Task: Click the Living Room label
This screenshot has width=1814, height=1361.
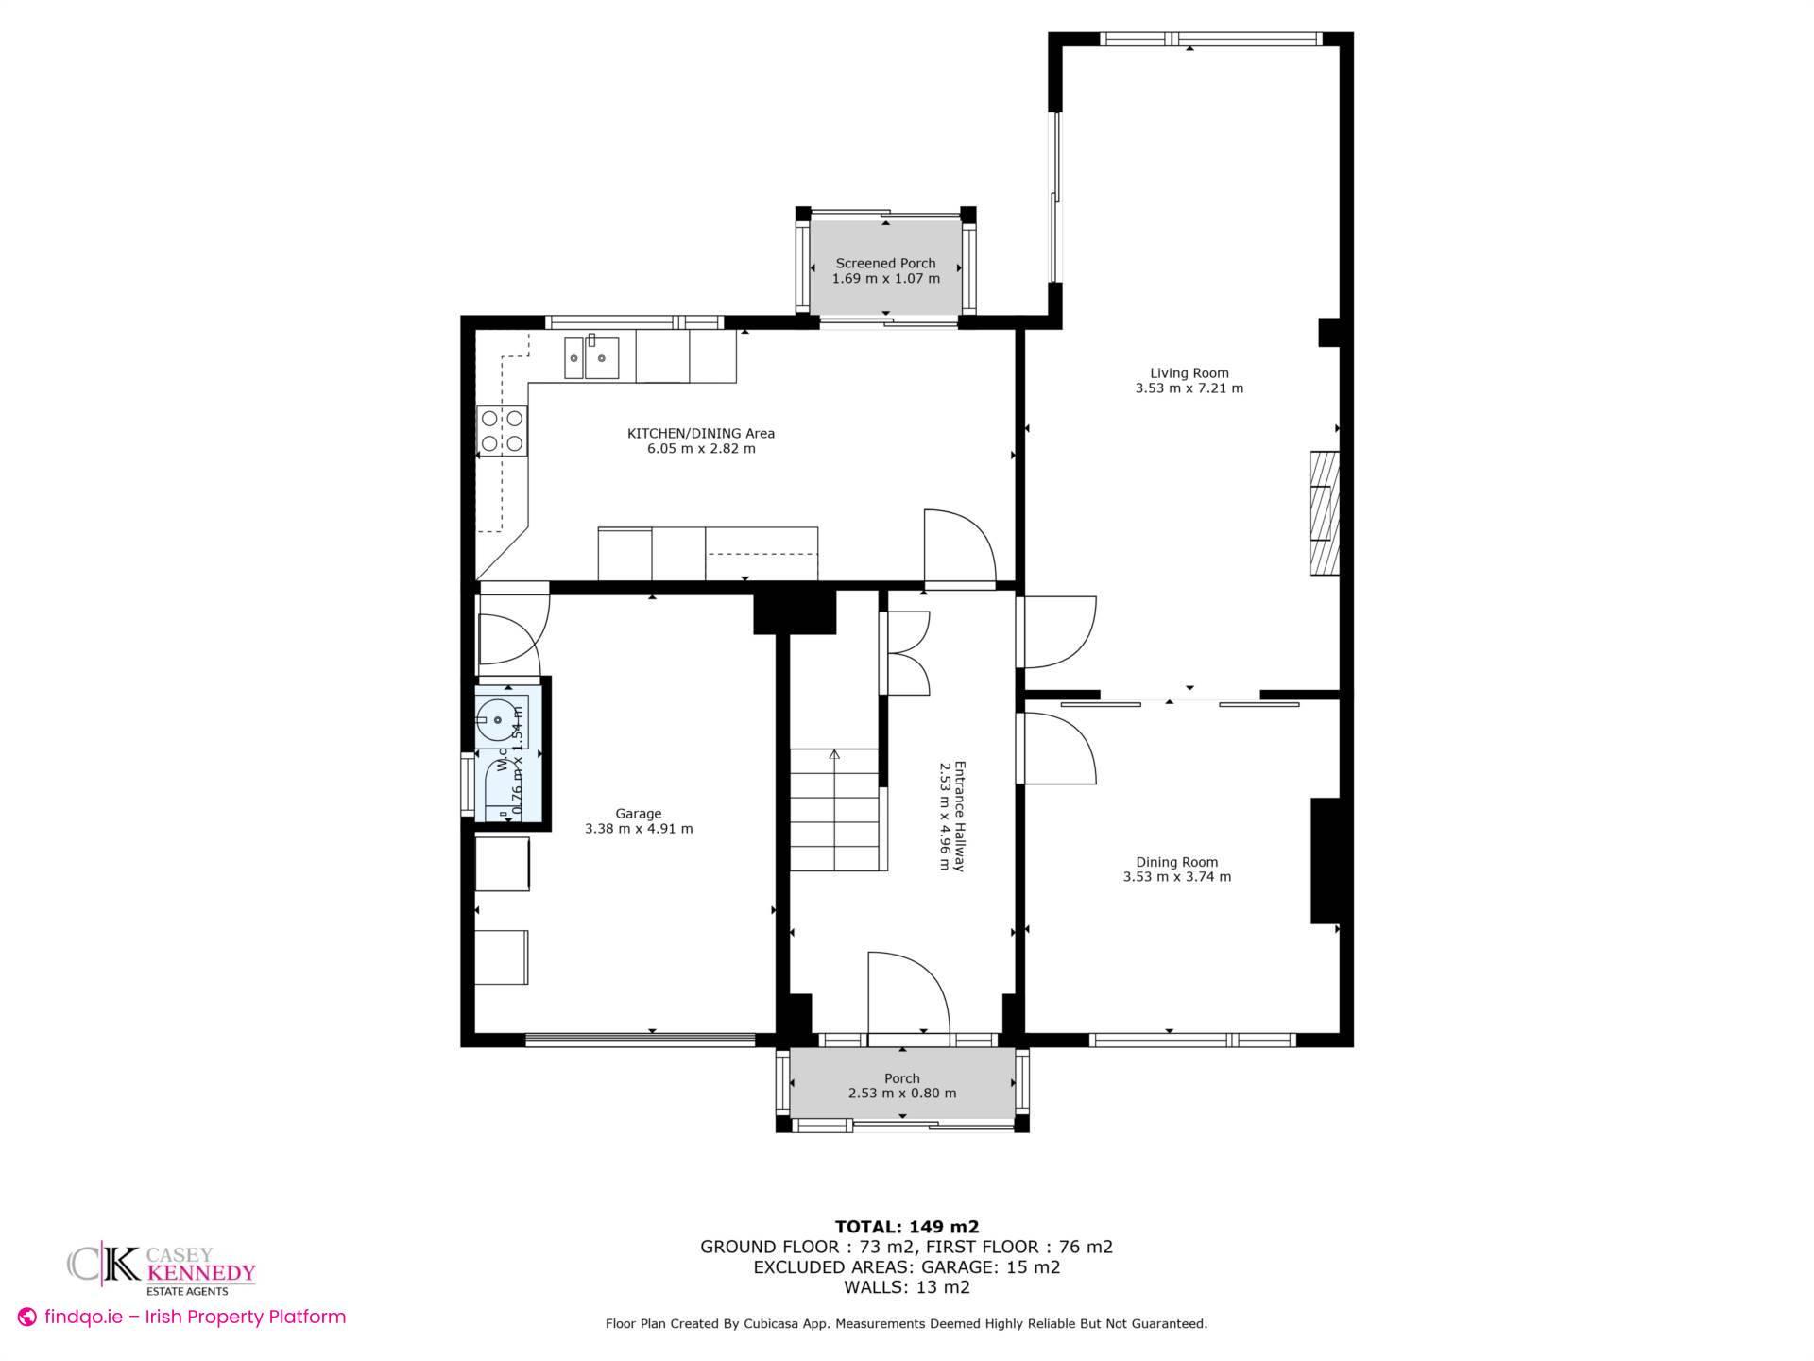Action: pos(1189,372)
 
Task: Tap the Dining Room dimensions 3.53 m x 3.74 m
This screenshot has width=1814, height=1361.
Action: pos(1176,877)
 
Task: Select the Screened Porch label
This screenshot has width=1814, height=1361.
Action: pos(885,263)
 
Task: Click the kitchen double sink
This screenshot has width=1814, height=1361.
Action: pos(591,358)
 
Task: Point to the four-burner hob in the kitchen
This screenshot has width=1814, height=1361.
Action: pos(502,429)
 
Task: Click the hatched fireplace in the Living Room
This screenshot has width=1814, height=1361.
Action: pos(1325,513)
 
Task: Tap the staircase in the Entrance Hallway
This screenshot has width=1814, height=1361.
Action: pos(835,810)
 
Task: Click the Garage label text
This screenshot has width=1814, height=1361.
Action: pos(639,813)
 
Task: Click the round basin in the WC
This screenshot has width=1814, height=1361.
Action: pos(497,720)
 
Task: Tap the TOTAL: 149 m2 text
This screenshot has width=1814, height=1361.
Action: pos(906,1227)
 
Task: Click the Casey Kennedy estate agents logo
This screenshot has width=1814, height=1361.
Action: pos(162,1267)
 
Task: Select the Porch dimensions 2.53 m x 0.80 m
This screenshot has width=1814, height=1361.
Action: pos(902,1094)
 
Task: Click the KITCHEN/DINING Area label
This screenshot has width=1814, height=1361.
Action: pos(701,433)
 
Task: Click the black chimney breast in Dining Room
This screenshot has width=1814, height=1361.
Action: pos(1325,860)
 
